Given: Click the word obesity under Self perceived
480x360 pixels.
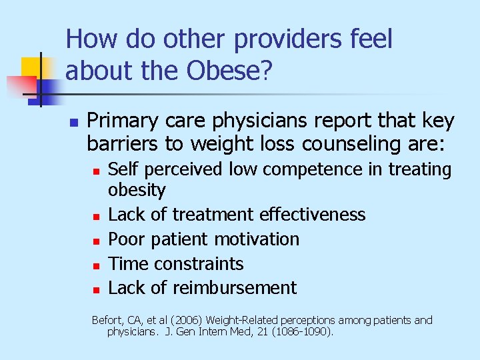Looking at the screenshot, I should tap(137, 191).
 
